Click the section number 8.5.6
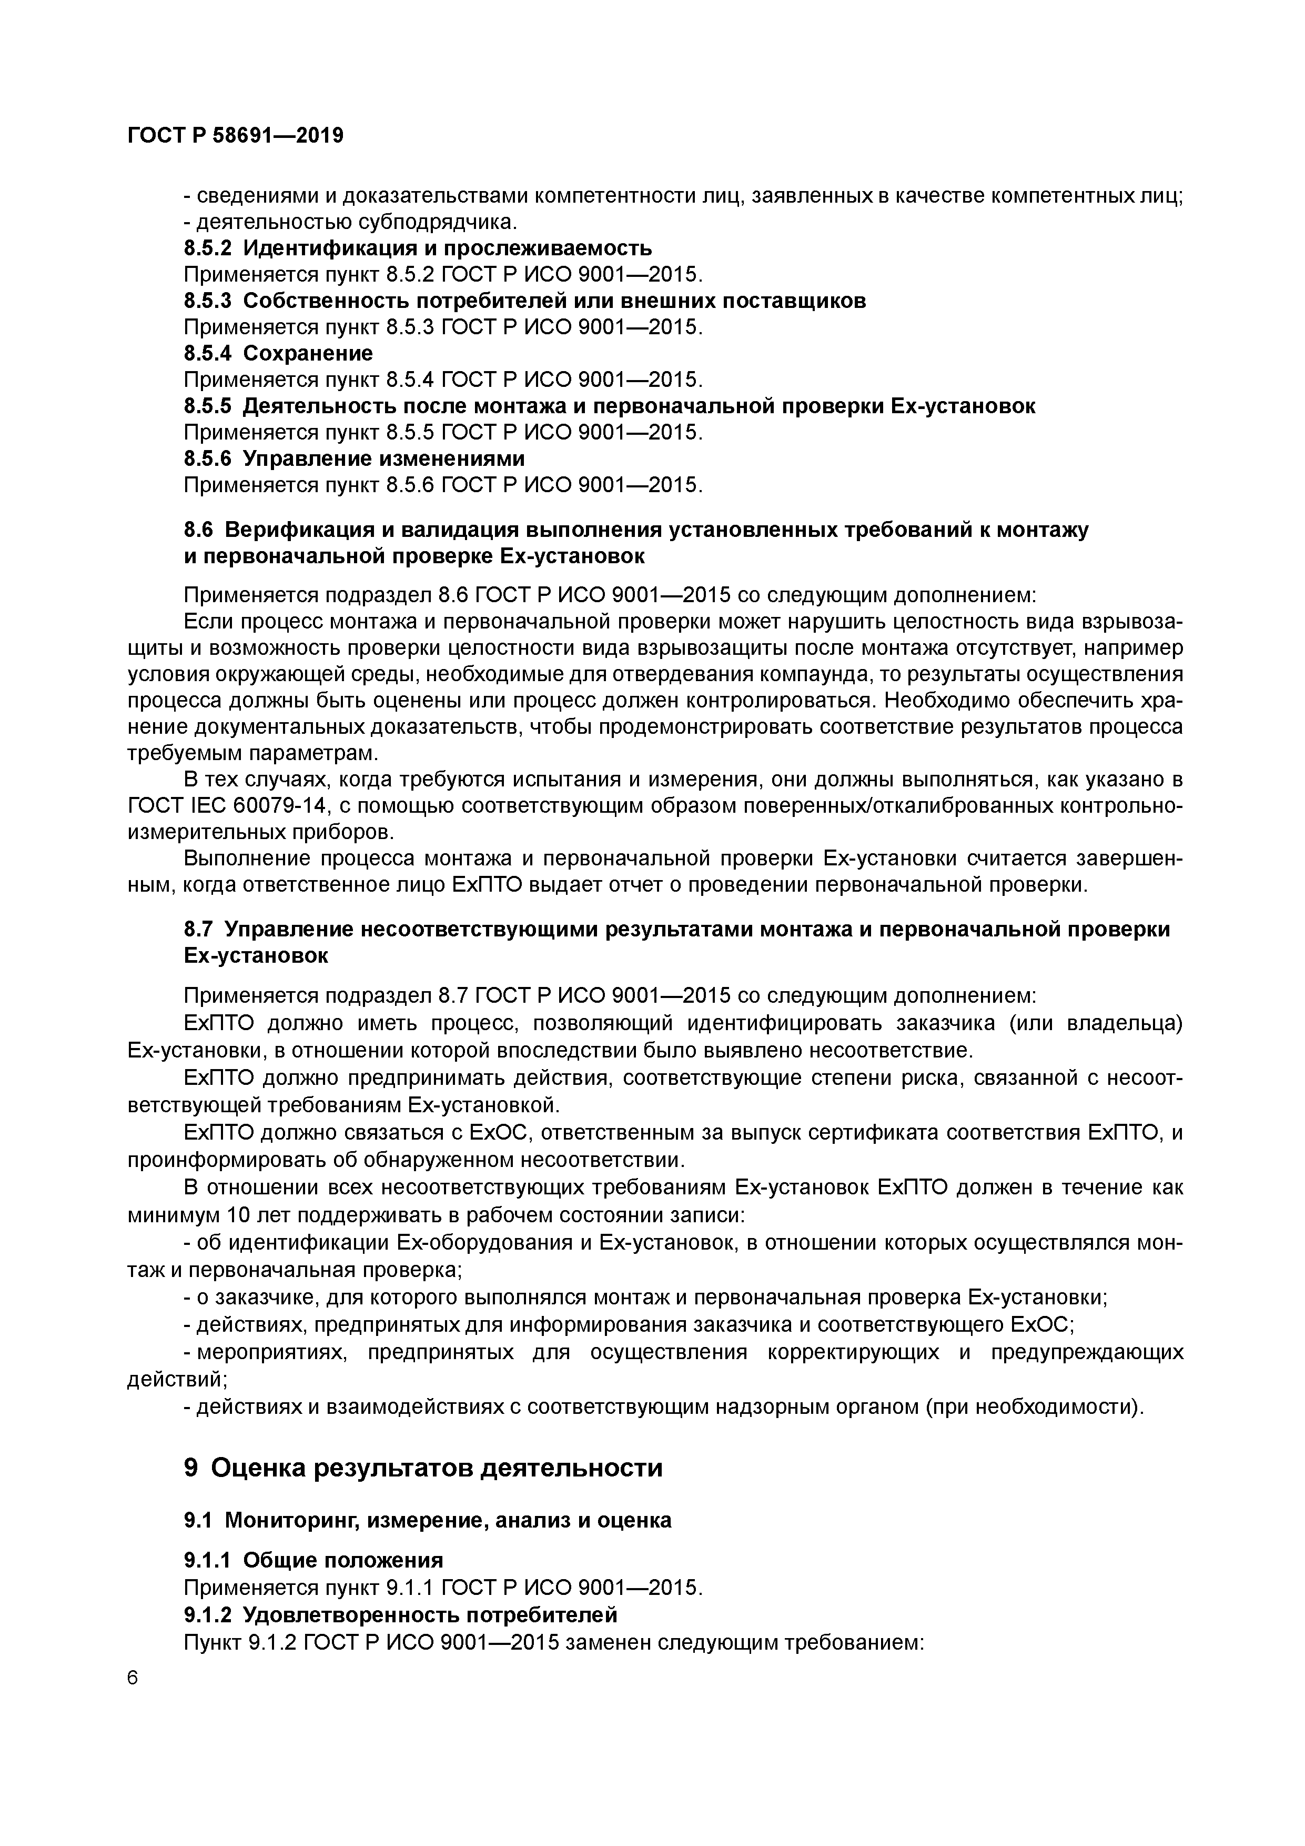[207, 458]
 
